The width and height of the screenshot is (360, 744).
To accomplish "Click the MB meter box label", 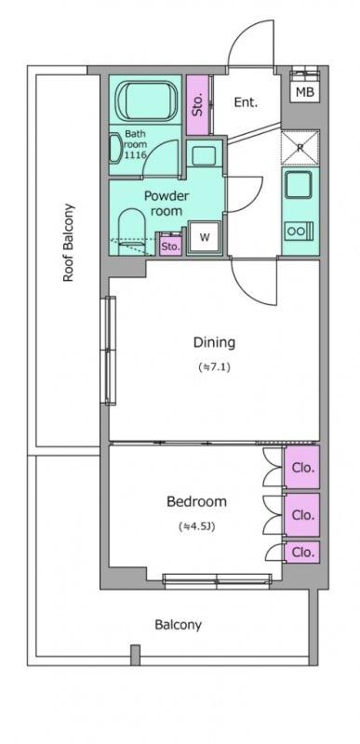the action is click(304, 92).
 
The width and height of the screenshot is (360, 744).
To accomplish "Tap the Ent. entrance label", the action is click(246, 102).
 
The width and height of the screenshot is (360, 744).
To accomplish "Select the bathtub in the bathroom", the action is click(146, 100).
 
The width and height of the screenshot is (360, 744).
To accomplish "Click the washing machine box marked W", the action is click(205, 238).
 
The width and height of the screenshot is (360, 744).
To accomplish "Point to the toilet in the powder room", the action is click(131, 230).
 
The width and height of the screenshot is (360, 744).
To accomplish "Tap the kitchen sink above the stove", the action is click(299, 185).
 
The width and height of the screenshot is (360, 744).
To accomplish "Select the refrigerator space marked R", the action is click(300, 147).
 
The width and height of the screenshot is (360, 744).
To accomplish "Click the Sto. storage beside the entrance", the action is click(198, 105).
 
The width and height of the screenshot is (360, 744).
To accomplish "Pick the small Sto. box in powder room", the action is click(170, 246).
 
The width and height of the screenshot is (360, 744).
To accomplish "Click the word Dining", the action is click(214, 342).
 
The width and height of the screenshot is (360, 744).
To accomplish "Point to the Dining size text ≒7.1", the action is click(214, 366).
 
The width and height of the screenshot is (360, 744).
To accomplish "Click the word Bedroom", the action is click(196, 501).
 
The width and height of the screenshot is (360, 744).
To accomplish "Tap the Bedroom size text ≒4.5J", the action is click(196, 526).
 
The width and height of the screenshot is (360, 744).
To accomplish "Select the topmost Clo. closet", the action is click(301, 468).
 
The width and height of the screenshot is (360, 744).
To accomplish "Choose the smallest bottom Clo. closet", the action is click(301, 552).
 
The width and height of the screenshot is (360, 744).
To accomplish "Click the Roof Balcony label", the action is click(69, 243).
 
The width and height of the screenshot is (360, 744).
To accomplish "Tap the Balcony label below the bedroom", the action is click(179, 625).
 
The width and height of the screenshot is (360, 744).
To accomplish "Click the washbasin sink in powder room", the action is click(205, 155).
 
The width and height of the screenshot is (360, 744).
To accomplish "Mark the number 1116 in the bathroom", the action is click(136, 154).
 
